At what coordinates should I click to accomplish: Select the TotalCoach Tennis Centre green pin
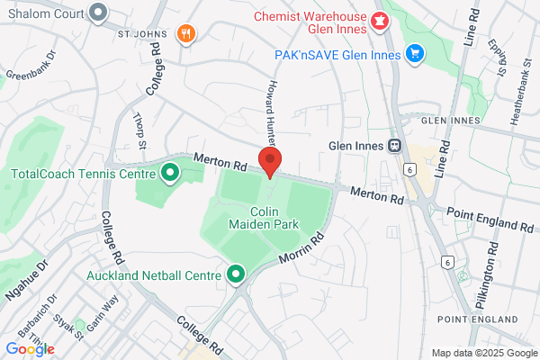tap(167, 175)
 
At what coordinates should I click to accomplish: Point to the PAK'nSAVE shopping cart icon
tap(415, 54)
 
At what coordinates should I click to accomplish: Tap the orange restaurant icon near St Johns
tap(186, 34)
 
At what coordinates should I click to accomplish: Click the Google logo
tap(30, 348)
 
